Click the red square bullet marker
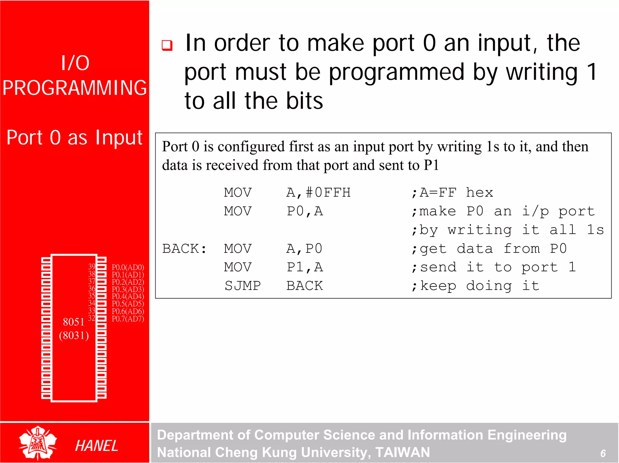[167, 45]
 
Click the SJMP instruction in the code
[242, 286]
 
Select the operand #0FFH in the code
[328, 193]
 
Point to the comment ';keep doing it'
[475, 286]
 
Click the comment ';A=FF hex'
[452, 193]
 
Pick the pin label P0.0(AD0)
[128, 267]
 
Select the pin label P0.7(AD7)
[128, 319]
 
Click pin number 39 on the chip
[92, 266]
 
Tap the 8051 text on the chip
[73, 322]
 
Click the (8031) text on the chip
[74, 336]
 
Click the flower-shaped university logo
[37, 443]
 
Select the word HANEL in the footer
[96, 446]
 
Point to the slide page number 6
[603, 453]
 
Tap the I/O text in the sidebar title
[75, 63]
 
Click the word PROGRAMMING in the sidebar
[75, 88]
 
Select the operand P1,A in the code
[305, 267]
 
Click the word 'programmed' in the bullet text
[397, 73]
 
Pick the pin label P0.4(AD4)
[128, 296]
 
